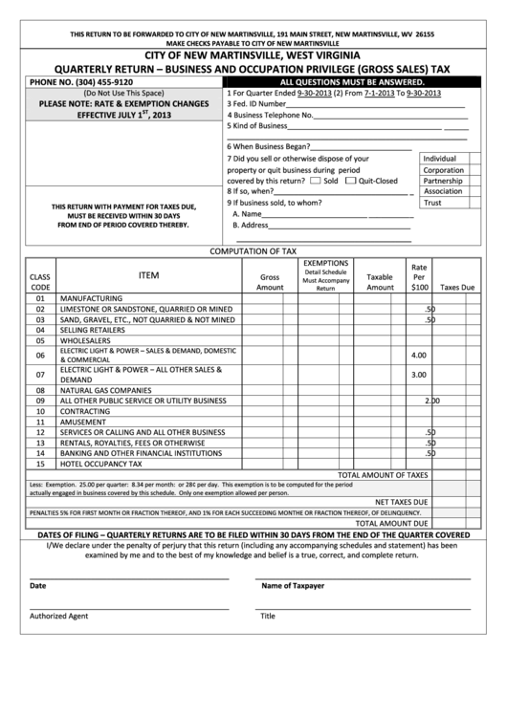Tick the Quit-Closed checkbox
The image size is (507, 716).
click(x=350, y=180)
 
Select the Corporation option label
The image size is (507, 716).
click(x=443, y=169)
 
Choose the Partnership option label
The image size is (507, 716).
click(x=443, y=181)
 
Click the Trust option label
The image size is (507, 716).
click(x=432, y=203)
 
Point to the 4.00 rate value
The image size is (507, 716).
click(x=418, y=355)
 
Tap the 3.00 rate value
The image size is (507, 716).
click(x=418, y=375)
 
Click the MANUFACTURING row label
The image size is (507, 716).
click(x=92, y=298)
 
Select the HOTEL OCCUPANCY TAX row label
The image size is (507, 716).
click(x=100, y=464)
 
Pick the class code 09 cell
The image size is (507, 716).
click(x=40, y=401)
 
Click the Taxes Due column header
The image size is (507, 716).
click(x=456, y=287)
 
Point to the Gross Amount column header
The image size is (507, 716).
click(x=270, y=281)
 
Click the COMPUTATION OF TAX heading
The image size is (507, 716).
click(x=253, y=250)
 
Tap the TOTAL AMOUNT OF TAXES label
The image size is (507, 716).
click(x=383, y=474)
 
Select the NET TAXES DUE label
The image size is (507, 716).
click(x=401, y=501)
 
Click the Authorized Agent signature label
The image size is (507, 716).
click(x=58, y=616)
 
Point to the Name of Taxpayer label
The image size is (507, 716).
click(x=293, y=585)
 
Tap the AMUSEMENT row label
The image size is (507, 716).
click(x=83, y=422)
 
